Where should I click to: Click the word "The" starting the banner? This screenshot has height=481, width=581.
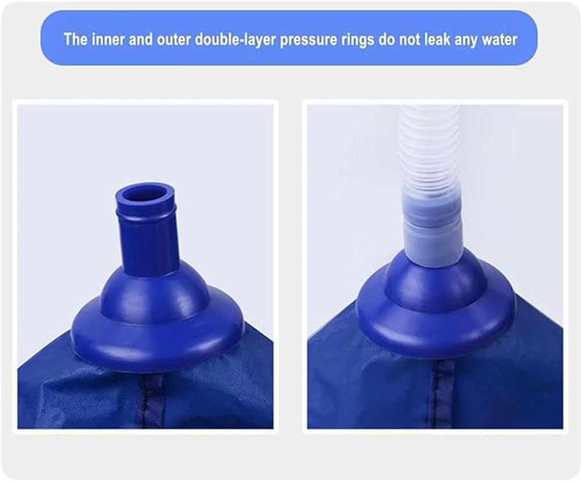(x=74, y=40)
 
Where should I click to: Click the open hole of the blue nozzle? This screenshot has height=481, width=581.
(x=145, y=193)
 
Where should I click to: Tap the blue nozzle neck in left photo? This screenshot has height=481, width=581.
(x=148, y=244)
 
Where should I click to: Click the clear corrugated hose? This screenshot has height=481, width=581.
(x=428, y=145)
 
